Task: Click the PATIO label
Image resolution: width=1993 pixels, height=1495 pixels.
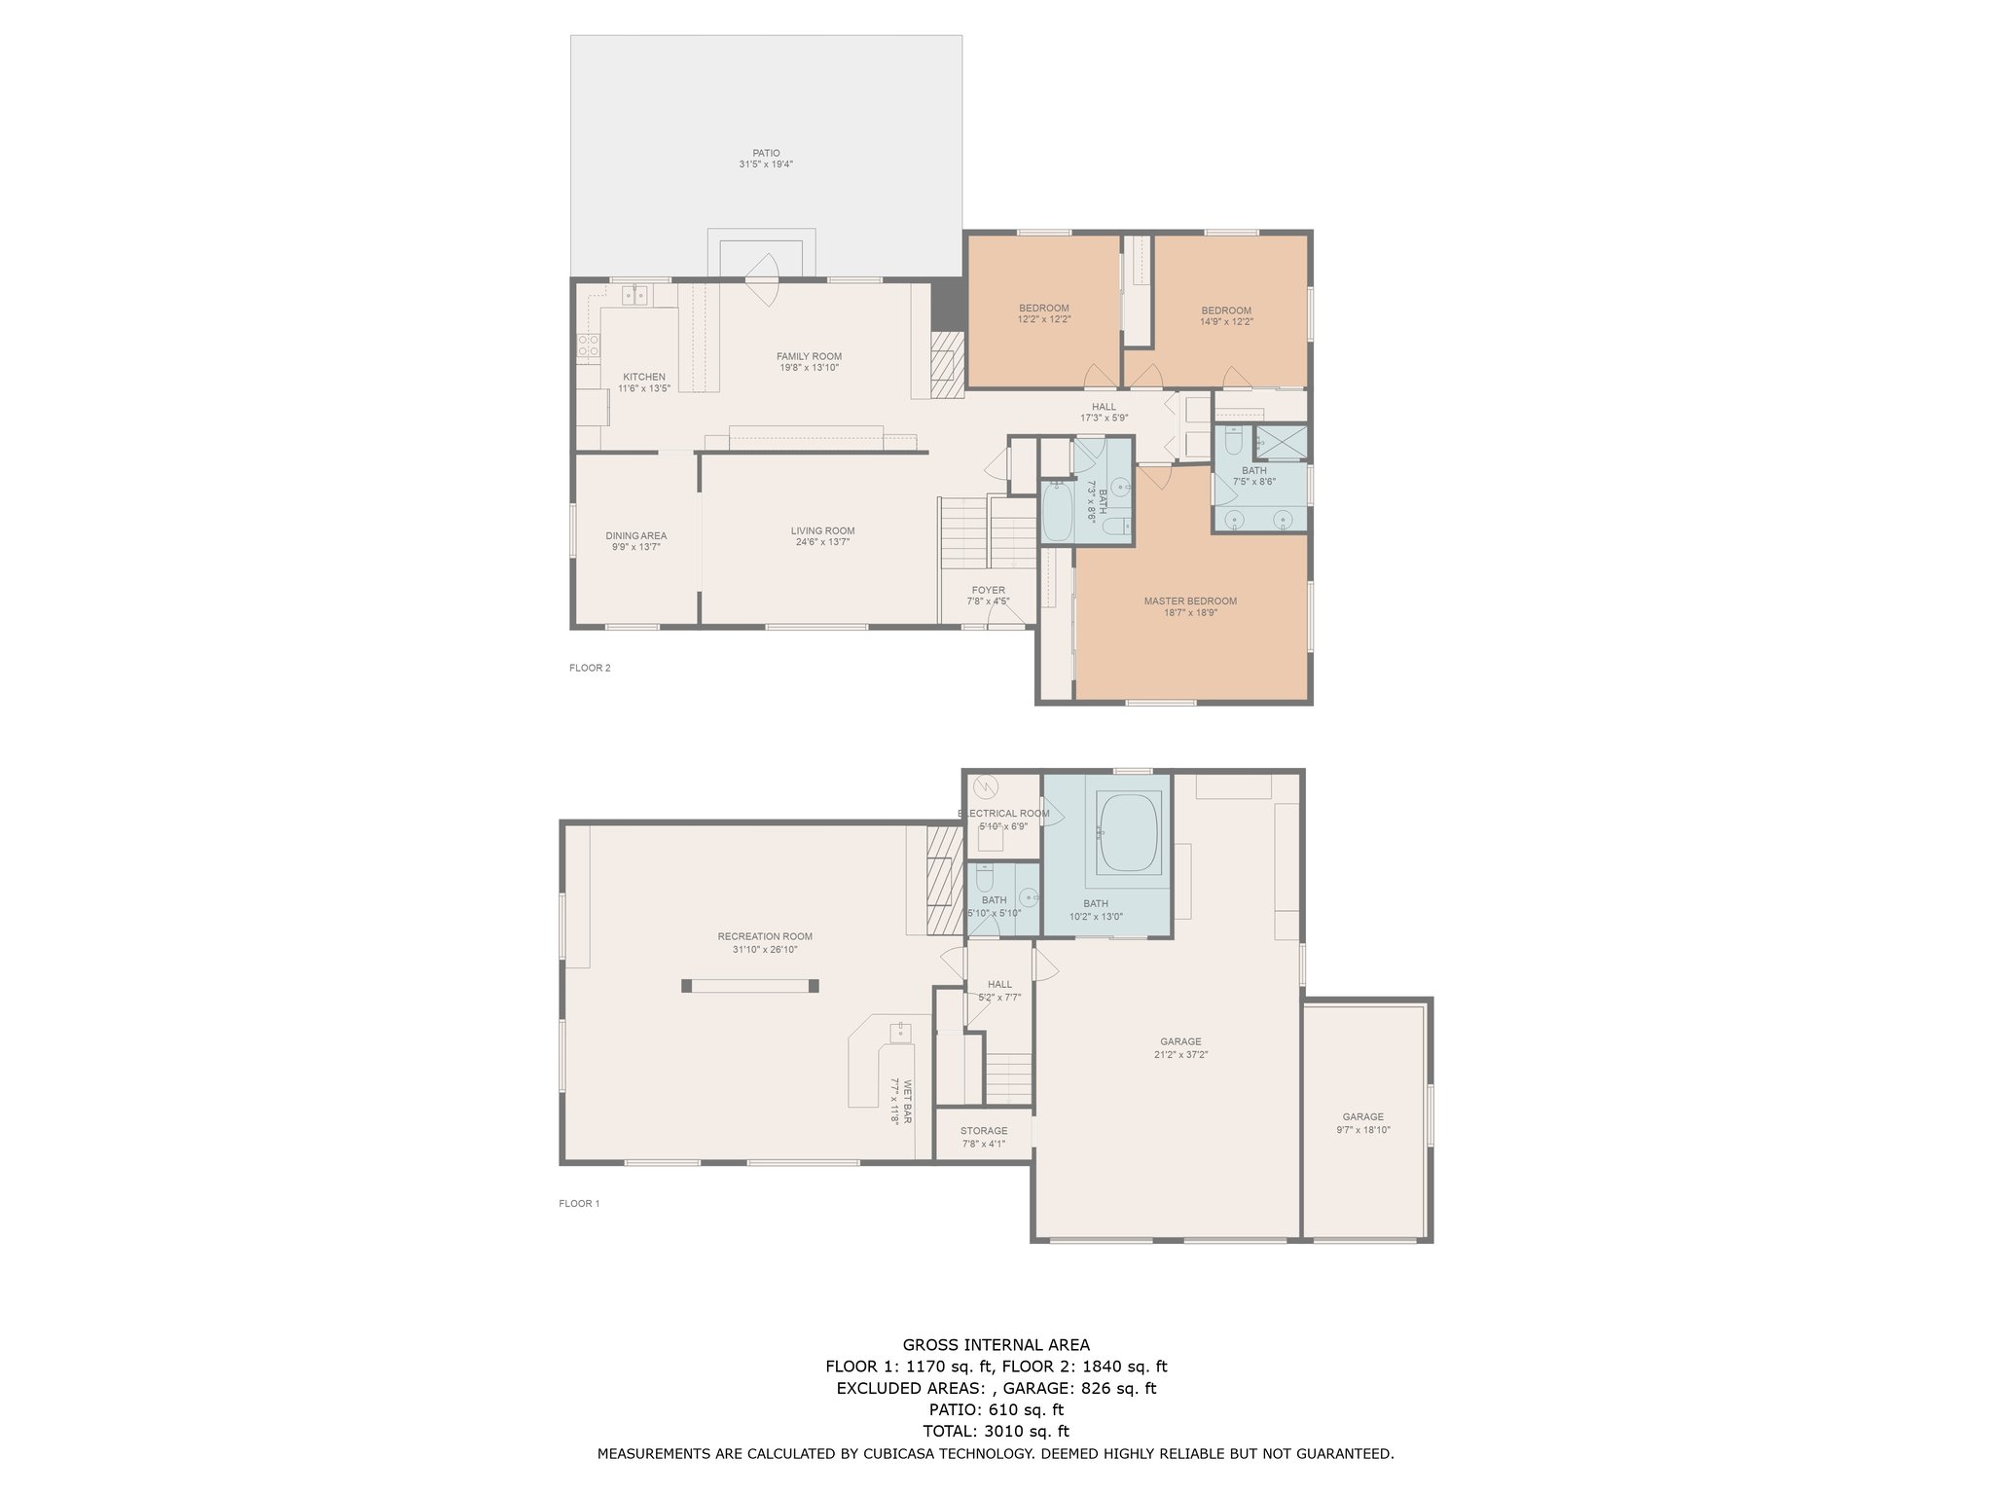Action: [766, 153]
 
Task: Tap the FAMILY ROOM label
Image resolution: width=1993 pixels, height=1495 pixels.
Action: [809, 356]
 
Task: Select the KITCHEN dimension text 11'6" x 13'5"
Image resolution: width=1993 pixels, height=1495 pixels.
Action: [644, 388]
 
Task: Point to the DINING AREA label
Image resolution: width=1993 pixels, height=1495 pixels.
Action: [636, 535]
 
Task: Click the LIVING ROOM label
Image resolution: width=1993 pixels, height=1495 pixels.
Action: [823, 530]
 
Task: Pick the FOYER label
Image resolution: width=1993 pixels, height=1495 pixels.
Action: [988, 590]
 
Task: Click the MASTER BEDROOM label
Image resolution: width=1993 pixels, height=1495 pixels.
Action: [1190, 601]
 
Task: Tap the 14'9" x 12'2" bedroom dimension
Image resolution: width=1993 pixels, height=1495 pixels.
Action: [1226, 322]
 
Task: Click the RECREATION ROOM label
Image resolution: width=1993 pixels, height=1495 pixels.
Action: [765, 936]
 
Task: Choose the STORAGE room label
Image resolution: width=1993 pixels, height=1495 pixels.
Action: [984, 1131]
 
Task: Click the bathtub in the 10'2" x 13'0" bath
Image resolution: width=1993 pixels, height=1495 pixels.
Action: [1129, 832]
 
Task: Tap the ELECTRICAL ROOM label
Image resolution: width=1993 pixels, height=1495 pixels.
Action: [1003, 814]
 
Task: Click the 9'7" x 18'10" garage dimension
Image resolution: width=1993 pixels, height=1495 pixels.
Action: [1363, 1130]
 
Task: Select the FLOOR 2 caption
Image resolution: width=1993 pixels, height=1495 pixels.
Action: [590, 668]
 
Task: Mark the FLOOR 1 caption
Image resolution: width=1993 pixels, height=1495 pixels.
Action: [579, 1203]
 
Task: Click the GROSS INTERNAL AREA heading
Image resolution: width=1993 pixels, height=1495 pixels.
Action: [996, 1345]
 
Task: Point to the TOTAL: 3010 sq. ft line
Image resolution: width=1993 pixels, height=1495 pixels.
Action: [996, 1431]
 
